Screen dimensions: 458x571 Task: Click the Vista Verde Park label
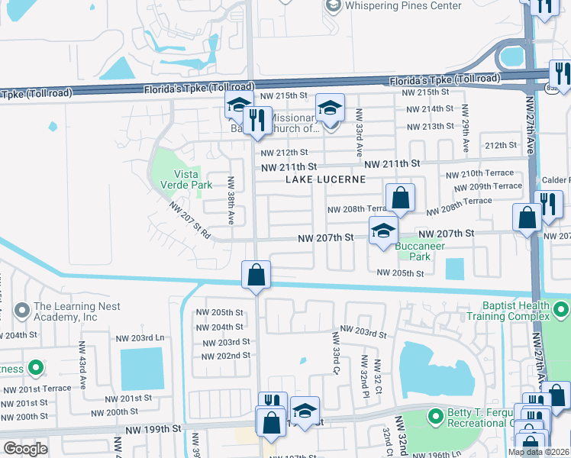coord(181,179)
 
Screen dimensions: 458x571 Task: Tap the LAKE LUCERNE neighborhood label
coord(326,179)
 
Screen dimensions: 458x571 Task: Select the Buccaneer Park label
coord(415,251)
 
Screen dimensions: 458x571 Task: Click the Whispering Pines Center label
coord(403,6)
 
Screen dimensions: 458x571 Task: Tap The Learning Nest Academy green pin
coord(21,311)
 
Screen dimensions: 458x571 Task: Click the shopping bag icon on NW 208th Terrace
coord(400,199)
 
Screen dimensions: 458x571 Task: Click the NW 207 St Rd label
coord(190,220)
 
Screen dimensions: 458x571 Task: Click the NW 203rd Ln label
coord(140,337)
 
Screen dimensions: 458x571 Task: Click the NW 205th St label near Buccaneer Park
coord(400,273)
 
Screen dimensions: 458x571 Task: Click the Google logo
coord(26,449)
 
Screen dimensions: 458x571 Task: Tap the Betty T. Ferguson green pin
coord(435,417)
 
